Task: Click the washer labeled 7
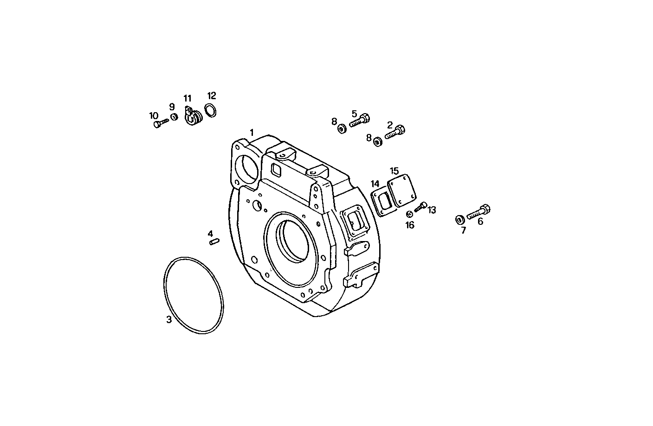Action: tap(460, 219)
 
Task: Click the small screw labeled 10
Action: tap(160, 123)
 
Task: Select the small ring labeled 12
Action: tap(210, 111)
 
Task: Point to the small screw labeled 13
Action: tap(420, 207)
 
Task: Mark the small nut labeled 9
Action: tap(174, 116)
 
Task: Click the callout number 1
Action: tap(252, 132)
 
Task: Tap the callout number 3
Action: tap(169, 319)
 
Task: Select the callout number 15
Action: tap(394, 171)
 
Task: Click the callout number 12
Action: tap(212, 96)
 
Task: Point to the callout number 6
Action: tap(480, 222)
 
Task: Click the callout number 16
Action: tap(410, 225)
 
